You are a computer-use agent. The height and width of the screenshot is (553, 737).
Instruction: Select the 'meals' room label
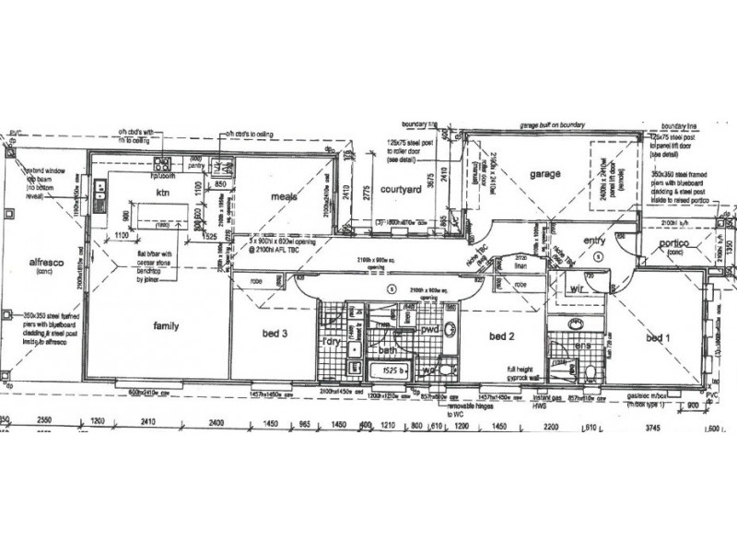pyautogui.click(x=282, y=197)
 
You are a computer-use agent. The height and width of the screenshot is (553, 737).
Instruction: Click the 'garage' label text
pyautogui.click(x=544, y=174)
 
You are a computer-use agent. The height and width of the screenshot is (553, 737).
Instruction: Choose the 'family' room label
pyautogui.click(x=166, y=325)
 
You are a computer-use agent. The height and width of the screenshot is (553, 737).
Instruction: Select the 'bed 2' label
pyautogui.click(x=500, y=335)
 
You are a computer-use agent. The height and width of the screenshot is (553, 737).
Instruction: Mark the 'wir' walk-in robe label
pyautogui.click(x=578, y=288)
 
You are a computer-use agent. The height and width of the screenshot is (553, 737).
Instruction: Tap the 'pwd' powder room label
pyautogui.click(x=429, y=329)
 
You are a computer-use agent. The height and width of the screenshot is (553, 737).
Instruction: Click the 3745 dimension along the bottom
pyautogui.click(x=653, y=428)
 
